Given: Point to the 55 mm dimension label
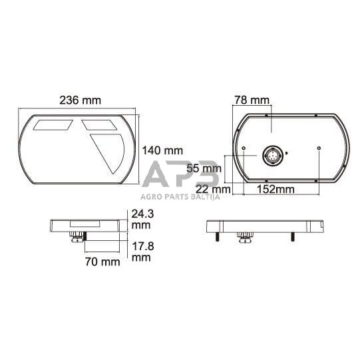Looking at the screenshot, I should tap(204, 168).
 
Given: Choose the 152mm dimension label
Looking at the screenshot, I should tap(275, 190).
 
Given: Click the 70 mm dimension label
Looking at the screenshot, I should tap(102, 262).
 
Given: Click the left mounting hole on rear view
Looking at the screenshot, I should tap(245, 148).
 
